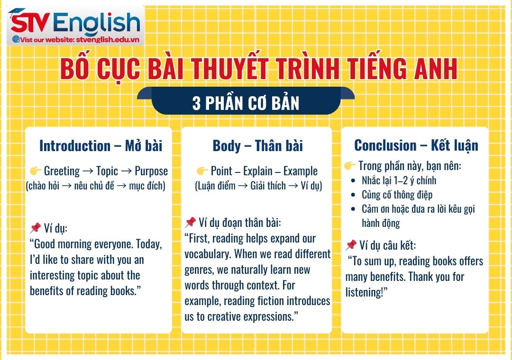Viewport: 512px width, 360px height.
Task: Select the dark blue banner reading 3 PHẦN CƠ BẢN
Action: tap(246, 103)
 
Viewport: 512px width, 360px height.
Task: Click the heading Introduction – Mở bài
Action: tap(101, 145)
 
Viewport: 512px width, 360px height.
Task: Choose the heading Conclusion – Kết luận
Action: tap(416, 145)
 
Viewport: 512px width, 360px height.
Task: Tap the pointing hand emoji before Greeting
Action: tap(36, 171)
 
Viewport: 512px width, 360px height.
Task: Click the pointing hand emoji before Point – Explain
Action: tap(202, 171)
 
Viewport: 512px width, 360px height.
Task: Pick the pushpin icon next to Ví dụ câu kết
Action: tap(351, 245)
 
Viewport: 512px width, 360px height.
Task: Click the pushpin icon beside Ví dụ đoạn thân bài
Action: tap(191, 222)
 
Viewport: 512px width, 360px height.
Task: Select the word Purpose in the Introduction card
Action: tap(151, 171)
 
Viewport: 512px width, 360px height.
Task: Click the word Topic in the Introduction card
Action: tap(107, 171)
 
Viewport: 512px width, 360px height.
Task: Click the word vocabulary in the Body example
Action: tap(207, 254)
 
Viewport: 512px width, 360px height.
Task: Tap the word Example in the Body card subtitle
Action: tap(301, 171)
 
